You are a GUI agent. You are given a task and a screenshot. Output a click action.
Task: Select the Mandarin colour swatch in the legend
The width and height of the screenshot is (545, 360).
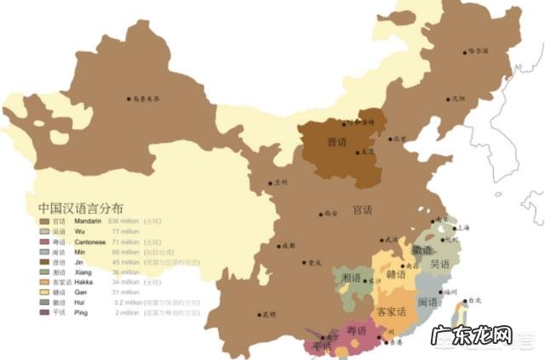(x=44, y=221)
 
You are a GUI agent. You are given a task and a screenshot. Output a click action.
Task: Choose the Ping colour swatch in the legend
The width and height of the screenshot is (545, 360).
(x=44, y=312)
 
